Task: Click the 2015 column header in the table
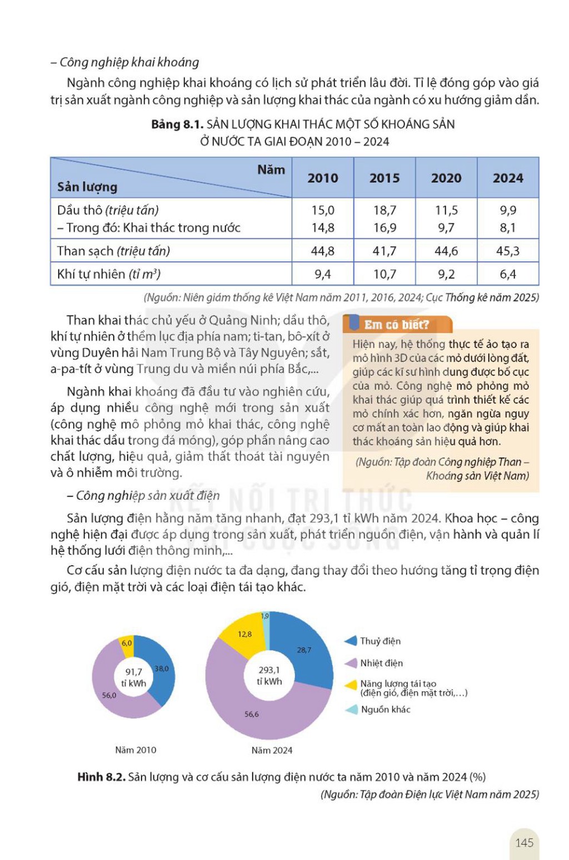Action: [385, 178]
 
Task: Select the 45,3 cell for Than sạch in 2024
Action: [507, 251]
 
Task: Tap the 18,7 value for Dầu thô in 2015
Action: [385, 210]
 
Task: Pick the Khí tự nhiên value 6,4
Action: [507, 274]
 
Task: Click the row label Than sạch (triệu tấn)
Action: [114, 251]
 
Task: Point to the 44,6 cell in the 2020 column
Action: [446, 251]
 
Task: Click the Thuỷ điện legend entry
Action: [372, 641]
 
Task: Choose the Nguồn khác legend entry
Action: [378, 709]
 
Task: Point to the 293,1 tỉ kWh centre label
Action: [269, 676]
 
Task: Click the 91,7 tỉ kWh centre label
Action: [133, 677]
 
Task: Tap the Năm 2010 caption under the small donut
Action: [136, 750]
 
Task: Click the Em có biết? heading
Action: [396, 325]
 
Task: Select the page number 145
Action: [525, 843]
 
